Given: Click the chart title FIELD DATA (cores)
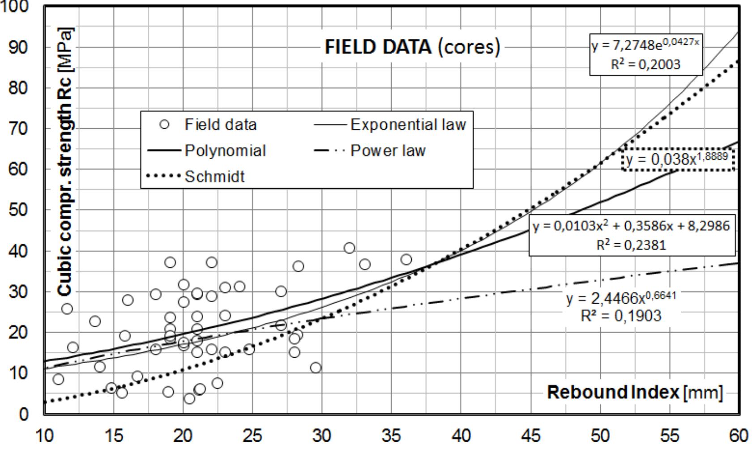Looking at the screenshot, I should [x=412, y=47].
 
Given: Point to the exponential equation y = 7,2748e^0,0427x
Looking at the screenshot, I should [x=645, y=45].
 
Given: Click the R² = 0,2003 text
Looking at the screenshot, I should [x=645, y=64].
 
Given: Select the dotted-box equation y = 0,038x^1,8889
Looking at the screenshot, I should [x=678, y=159].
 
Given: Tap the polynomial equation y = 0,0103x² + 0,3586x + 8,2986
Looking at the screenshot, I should [x=631, y=226].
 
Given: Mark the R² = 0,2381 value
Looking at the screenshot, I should [x=631, y=245].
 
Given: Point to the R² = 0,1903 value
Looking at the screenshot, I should [x=621, y=316].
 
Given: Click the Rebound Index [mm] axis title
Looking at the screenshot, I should [x=635, y=393].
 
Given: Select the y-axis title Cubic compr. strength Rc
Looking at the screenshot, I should [x=65, y=161].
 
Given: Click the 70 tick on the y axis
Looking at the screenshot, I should [x=18, y=129].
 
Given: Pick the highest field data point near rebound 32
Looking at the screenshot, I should [x=349, y=248].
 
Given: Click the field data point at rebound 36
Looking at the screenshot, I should [x=406, y=259].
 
